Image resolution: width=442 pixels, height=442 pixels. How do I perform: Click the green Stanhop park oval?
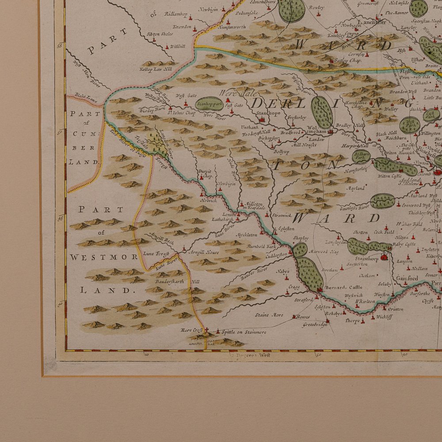(210, 104)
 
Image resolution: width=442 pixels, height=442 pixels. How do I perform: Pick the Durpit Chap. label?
(206, 173)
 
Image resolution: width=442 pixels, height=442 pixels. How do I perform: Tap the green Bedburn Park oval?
(361, 156)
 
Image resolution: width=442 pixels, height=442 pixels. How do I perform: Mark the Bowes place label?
(303, 317)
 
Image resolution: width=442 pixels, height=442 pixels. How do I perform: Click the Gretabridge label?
(315, 325)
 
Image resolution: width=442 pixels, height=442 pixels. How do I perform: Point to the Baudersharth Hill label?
(177, 281)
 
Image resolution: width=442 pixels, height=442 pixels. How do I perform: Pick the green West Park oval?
(410, 125)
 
